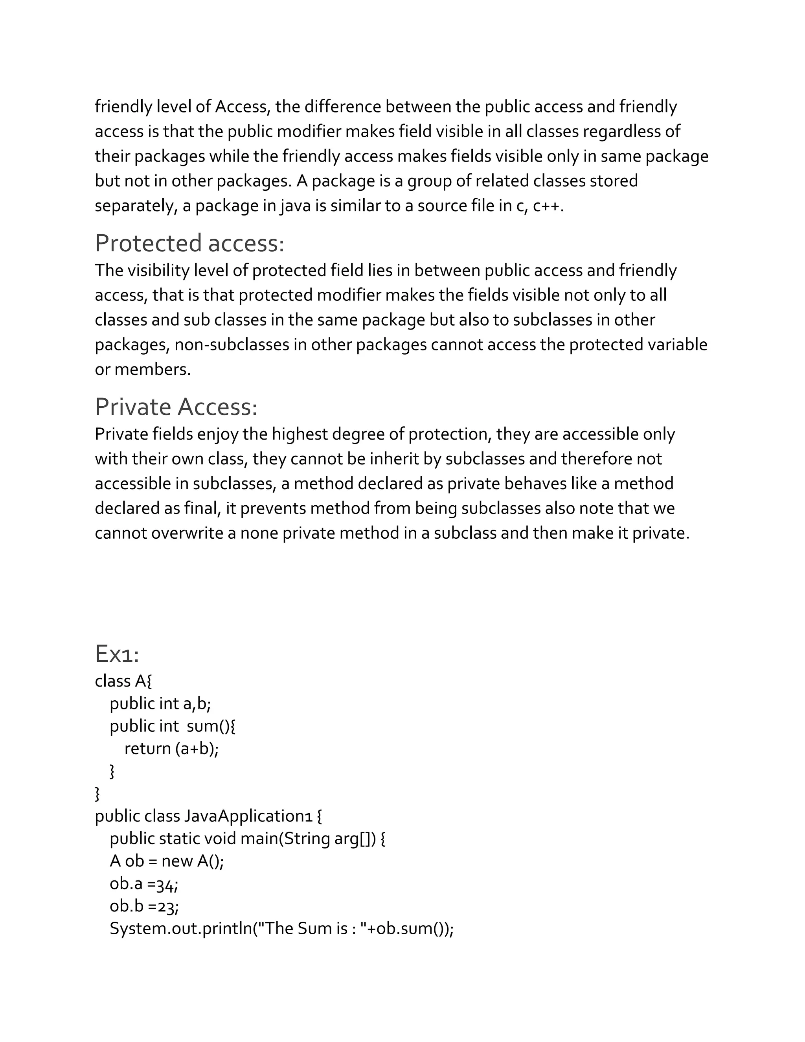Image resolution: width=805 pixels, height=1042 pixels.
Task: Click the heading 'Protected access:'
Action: pyautogui.click(x=189, y=243)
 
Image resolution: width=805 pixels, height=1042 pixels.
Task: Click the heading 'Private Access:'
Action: pyautogui.click(x=176, y=407)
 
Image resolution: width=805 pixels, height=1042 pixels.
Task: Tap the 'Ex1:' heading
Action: pyautogui.click(x=117, y=654)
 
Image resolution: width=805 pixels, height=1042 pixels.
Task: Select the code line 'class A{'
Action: pyautogui.click(x=123, y=681)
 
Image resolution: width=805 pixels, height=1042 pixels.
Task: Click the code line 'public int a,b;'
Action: pyautogui.click(x=160, y=703)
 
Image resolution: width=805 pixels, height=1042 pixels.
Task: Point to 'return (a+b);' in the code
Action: pyautogui.click(x=171, y=748)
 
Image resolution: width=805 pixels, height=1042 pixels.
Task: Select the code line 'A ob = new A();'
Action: pyautogui.click(x=166, y=861)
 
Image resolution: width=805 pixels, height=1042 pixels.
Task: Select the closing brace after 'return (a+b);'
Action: pyautogui.click(x=112, y=771)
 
